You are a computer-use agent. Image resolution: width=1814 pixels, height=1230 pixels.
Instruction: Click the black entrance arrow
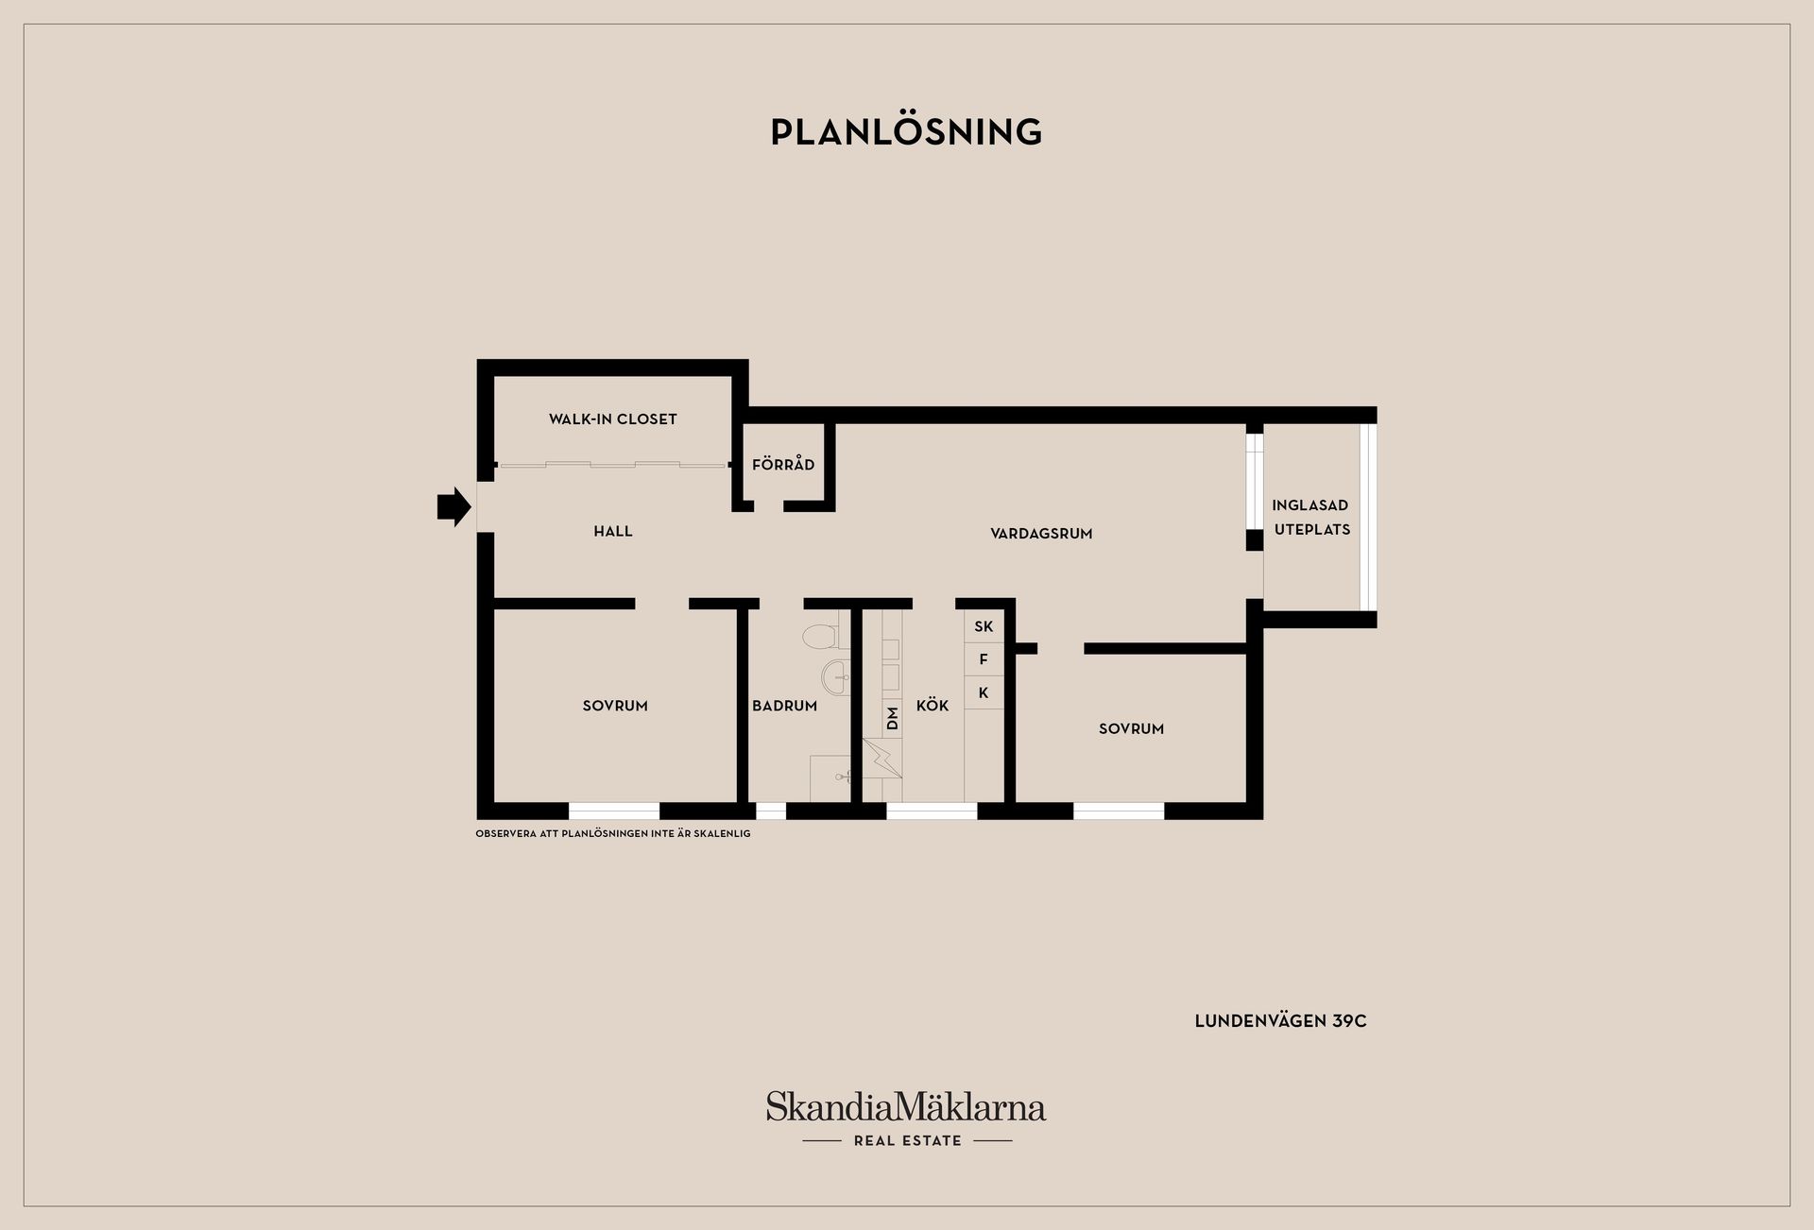click(x=454, y=507)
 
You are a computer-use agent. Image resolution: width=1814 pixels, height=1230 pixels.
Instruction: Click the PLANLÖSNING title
click(x=906, y=132)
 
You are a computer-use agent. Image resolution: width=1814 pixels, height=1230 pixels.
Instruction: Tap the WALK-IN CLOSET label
click(x=613, y=419)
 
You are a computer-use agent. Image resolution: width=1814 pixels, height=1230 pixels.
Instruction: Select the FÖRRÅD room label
click(x=783, y=464)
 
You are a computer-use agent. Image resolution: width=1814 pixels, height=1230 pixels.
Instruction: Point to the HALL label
click(x=613, y=532)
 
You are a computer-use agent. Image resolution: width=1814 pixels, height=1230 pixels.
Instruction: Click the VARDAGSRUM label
click(x=1041, y=534)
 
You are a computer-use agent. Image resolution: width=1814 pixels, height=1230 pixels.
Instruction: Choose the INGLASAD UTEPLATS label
click(x=1311, y=518)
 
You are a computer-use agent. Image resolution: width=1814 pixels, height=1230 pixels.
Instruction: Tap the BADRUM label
click(x=784, y=706)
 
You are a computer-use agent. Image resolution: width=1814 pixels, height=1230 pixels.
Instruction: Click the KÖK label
click(x=933, y=705)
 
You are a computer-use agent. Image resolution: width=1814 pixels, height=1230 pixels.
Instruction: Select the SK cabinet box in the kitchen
click(x=984, y=626)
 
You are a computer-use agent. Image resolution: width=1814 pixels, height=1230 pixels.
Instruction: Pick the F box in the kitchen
click(x=984, y=659)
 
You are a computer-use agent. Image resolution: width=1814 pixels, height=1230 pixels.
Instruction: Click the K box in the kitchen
click(x=984, y=692)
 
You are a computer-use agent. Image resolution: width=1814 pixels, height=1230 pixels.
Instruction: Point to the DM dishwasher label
click(x=893, y=718)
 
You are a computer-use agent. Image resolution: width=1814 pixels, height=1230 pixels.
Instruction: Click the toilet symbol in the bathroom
click(x=820, y=636)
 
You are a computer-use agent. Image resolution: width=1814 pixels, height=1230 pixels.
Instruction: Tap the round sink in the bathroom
click(x=837, y=676)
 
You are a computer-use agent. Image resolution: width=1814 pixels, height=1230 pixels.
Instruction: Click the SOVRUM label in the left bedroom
click(x=615, y=706)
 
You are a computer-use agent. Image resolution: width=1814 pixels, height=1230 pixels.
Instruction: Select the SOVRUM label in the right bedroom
click(x=1131, y=729)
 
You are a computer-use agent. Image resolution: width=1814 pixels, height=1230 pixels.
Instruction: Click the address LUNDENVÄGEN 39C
click(x=1280, y=1021)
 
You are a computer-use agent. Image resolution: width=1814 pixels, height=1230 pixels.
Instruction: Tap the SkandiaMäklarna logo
click(x=906, y=1119)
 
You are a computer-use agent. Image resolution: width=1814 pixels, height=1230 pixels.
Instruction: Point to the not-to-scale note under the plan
click(x=613, y=834)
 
